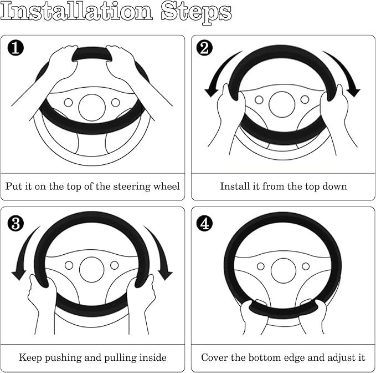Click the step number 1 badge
(16, 48)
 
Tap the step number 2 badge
(204, 48)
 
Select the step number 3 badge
(16, 223)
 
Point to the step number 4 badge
(204, 223)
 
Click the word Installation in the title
(77, 11)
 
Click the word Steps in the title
(197, 13)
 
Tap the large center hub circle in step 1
(92, 108)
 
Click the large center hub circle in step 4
(283, 271)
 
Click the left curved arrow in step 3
(22, 250)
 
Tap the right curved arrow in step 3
(161, 250)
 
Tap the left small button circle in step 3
(69, 265)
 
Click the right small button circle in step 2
(305, 99)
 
